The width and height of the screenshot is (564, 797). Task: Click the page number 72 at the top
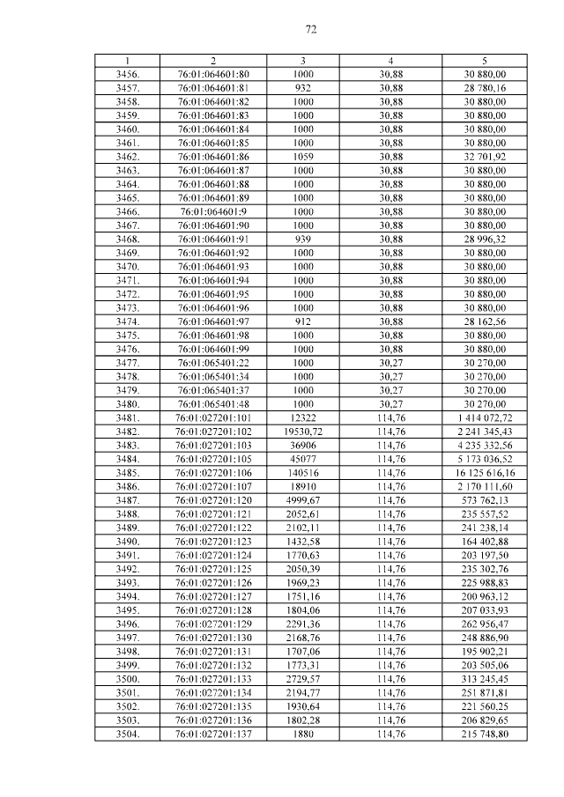pyautogui.click(x=311, y=29)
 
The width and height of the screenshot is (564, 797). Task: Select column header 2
pyautogui.click(x=212, y=61)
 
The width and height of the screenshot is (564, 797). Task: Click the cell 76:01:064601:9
pyautogui.click(x=212, y=211)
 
